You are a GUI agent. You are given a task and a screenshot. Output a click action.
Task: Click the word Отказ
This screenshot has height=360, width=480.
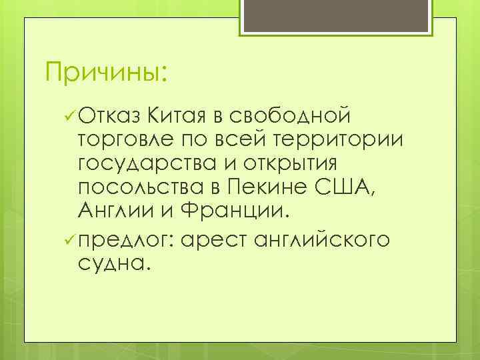coord(109,117)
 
